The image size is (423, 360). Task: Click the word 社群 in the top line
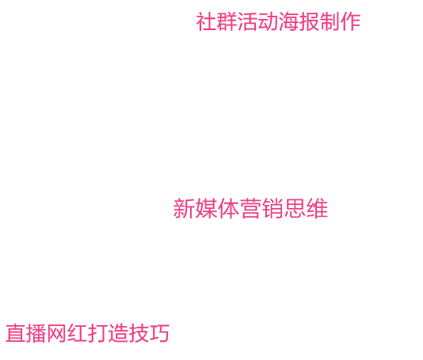click(216, 21)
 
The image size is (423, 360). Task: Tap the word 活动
click(257, 21)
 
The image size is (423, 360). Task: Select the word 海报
click(299, 21)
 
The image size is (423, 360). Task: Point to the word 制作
click(340, 21)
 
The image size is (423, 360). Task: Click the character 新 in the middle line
click(184, 208)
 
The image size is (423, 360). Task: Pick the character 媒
click(206, 208)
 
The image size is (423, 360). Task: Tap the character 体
click(228, 208)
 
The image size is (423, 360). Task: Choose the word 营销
click(261, 208)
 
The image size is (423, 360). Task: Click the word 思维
click(306, 208)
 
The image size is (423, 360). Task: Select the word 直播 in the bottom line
click(25, 333)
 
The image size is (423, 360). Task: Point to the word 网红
click(67, 333)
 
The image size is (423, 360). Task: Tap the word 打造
click(108, 333)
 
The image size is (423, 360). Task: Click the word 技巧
click(149, 333)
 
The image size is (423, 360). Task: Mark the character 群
click(227, 21)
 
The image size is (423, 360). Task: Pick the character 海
click(288, 21)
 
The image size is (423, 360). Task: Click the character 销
click(272, 208)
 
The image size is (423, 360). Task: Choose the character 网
click(57, 333)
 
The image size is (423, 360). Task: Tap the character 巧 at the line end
click(159, 333)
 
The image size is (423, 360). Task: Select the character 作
click(350, 21)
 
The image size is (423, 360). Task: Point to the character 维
click(317, 208)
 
